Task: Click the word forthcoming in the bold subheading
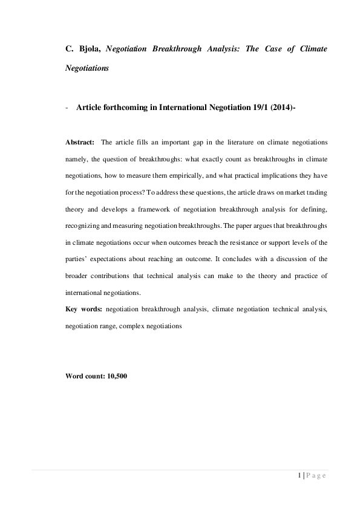(129, 108)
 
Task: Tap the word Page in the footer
(316, 475)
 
